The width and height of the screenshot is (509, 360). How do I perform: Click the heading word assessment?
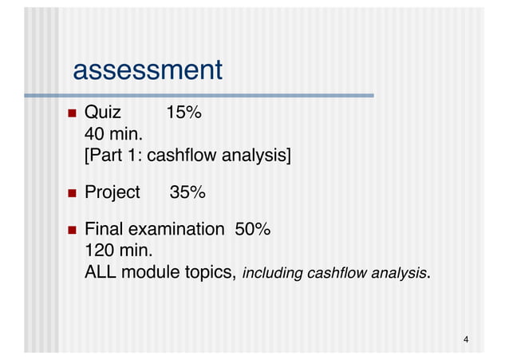(x=147, y=71)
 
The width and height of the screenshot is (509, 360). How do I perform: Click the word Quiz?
(x=103, y=113)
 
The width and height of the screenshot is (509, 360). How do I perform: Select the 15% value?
(x=183, y=113)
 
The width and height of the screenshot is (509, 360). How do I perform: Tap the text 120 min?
(x=118, y=251)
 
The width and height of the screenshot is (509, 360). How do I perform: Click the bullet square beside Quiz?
(x=71, y=113)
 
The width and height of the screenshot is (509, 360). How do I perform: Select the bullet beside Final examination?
(x=71, y=231)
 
